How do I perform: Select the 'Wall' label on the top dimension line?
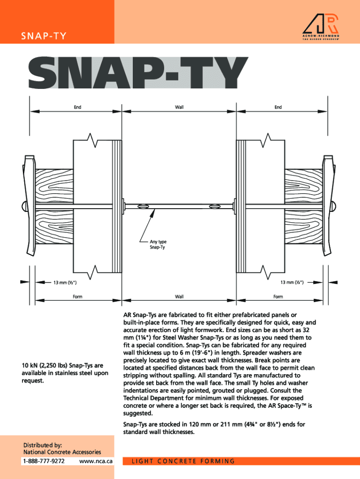coord(179,107)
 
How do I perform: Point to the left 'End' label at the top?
coord(77,107)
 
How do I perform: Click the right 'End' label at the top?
coord(278,107)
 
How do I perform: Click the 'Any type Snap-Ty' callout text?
coord(158,244)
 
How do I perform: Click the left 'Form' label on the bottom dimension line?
coord(77,297)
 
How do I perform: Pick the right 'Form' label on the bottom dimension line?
coord(278,297)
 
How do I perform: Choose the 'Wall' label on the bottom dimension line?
coord(179,297)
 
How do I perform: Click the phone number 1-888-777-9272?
coord(44,461)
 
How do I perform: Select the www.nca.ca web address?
coord(96,461)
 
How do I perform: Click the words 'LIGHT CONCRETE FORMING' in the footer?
coord(183,461)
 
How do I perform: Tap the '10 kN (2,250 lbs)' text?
coord(44,365)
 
